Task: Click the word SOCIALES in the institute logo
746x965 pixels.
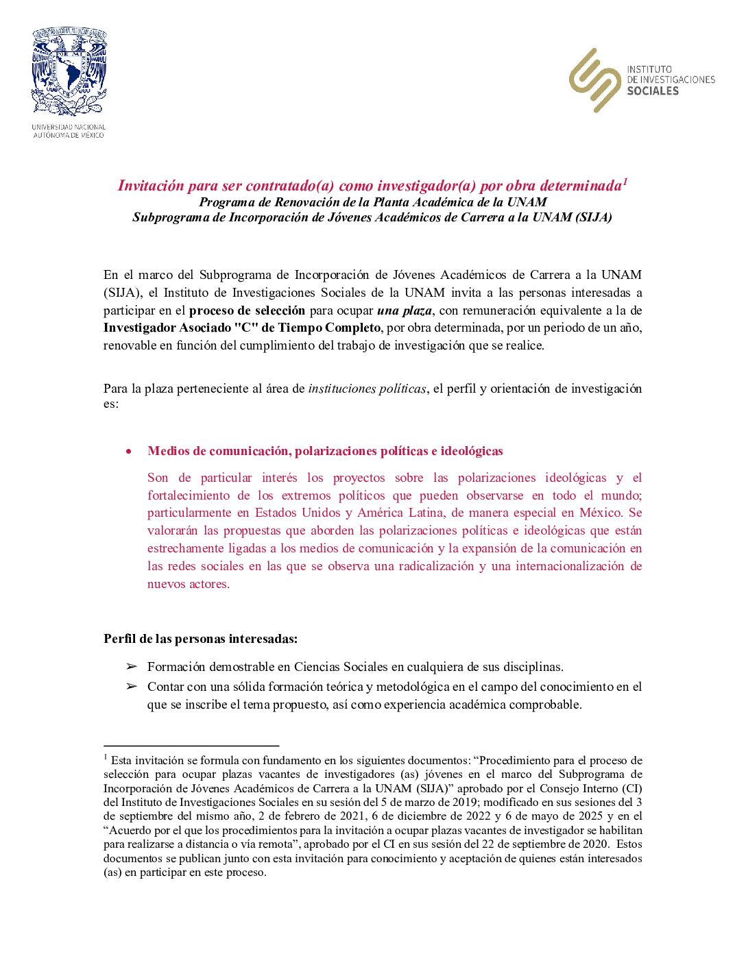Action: [653, 91]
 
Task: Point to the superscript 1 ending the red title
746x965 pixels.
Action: [625, 182]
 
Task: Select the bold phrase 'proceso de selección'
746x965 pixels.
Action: [247, 310]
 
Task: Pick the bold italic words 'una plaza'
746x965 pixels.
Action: [404, 310]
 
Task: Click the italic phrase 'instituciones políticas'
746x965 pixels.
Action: [368, 389]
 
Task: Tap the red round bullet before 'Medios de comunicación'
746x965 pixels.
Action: [128, 451]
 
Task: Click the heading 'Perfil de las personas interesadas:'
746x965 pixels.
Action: [200, 639]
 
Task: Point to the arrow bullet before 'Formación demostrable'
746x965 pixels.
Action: [131, 666]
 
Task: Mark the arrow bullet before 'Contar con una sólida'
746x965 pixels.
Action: [131, 686]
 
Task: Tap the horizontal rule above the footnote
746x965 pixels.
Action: [191, 745]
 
